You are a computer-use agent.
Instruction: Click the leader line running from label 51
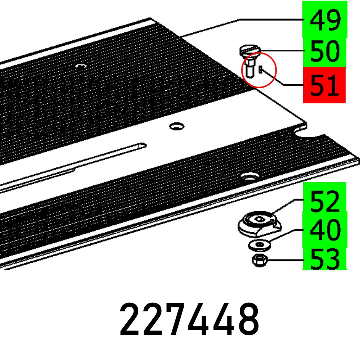coord(284,84)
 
